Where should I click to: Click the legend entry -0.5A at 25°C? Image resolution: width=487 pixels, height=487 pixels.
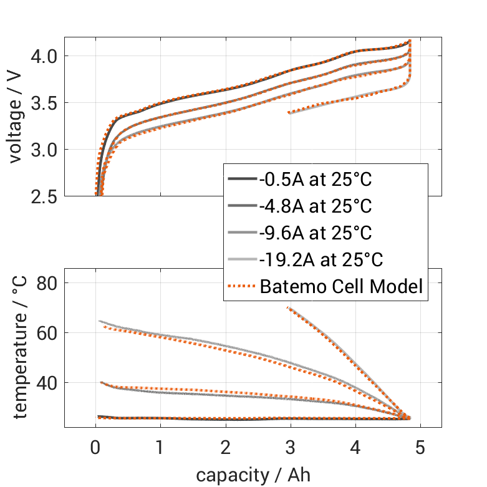point(316,180)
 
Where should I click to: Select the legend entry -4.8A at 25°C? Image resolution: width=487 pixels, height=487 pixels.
point(316,206)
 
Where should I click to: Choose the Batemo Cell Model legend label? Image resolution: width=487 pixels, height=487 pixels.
point(341,286)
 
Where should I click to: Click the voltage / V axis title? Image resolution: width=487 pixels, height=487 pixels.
point(16,117)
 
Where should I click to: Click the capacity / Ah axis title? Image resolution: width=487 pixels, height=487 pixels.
point(253,475)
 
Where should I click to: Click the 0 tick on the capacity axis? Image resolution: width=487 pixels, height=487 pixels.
point(95,447)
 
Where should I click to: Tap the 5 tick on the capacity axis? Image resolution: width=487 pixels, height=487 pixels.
point(421,447)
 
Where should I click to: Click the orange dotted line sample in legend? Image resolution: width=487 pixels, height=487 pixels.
point(242,286)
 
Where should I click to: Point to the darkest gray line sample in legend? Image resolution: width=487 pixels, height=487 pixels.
point(242,180)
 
